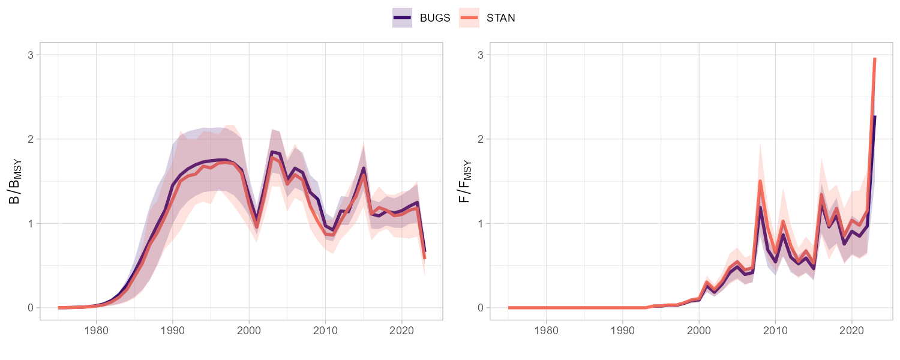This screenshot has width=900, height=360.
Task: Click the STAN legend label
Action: coord(500,18)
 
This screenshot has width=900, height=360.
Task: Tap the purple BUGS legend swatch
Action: coord(402,18)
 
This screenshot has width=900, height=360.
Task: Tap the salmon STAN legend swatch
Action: coord(469,18)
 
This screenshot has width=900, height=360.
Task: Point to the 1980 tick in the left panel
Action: coord(96,330)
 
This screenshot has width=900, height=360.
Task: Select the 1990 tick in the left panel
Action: coord(173,330)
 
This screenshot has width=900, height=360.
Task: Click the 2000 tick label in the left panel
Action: coord(249,330)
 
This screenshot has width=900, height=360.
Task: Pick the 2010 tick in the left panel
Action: coord(325,330)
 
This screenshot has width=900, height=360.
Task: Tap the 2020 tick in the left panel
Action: coord(401,330)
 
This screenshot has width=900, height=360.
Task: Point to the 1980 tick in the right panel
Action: coord(546,330)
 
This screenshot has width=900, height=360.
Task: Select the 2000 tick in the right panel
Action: coord(699,330)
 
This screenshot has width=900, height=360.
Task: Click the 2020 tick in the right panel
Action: coord(851,330)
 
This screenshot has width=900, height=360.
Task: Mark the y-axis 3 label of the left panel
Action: coord(30,55)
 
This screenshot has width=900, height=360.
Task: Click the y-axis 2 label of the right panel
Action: coord(480,139)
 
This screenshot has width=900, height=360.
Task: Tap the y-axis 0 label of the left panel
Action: coord(30,308)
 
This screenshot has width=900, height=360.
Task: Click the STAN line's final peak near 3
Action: coord(875,59)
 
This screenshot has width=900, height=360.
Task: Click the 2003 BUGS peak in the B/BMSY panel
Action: coord(272,152)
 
